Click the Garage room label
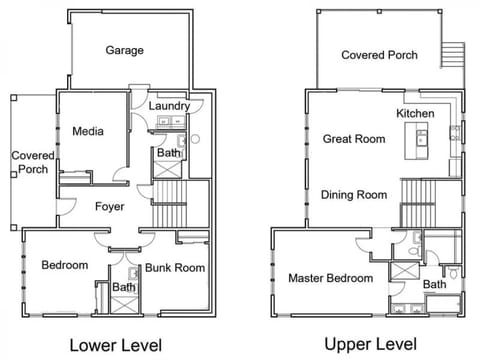click(125, 50)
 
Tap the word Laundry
click(169, 106)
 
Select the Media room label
click(88, 131)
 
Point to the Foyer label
click(110, 207)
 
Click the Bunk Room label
click(175, 268)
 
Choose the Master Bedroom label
click(331, 278)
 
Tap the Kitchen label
click(415, 114)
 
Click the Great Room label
click(354, 139)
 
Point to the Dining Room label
click(354, 195)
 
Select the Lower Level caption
click(116, 345)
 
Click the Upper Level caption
click(371, 344)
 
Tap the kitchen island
click(416, 141)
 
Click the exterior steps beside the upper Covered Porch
click(453, 55)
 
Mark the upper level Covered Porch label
click(379, 55)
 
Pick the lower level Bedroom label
click(65, 265)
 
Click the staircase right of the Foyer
click(170, 204)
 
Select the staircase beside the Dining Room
click(418, 203)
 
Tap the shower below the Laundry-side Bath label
click(167, 170)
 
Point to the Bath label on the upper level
click(435, 284)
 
